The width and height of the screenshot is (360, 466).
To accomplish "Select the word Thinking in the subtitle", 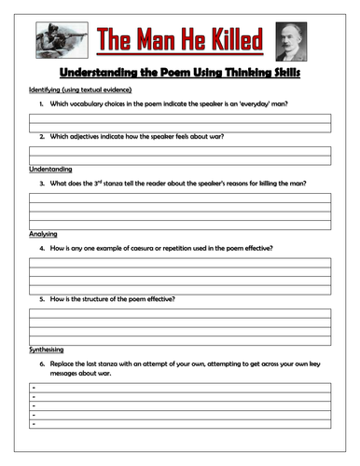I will (244, 71).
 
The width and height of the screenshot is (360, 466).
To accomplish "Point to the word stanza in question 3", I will (132, 184).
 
